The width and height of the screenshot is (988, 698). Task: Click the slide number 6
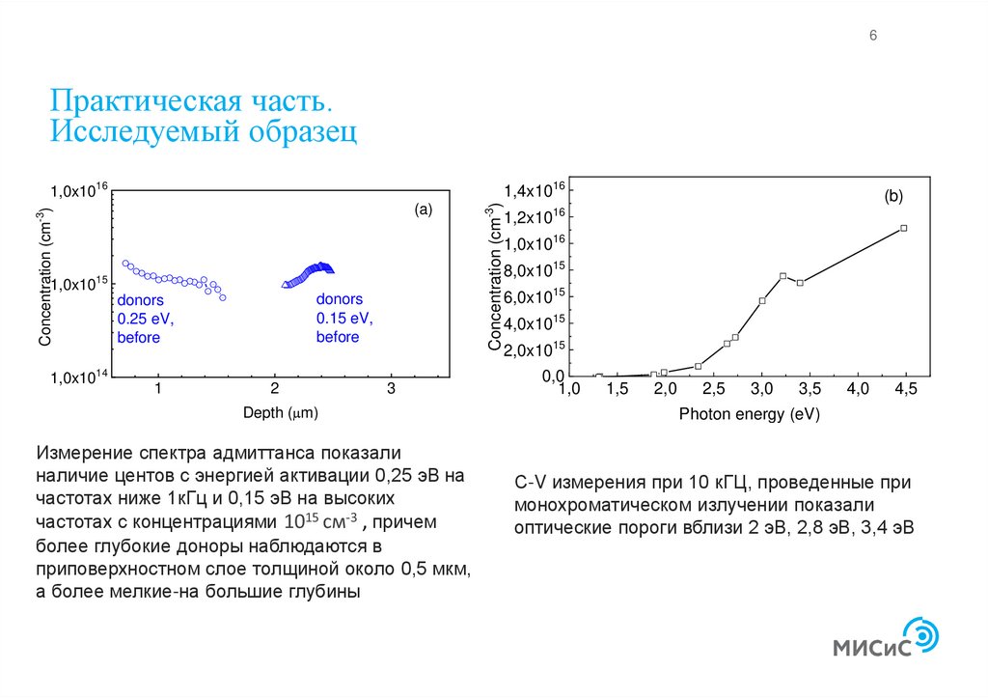pyautogui.click(x=873, y=36)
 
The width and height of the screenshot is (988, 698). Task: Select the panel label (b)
pyautogui.click(x=893, y=196)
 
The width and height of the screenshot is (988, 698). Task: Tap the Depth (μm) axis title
pyautogui.click(x=280, y=412)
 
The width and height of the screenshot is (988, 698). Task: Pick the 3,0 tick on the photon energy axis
pyautogui.click(x=761, y=389)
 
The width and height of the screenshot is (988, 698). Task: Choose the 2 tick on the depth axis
pyautogui.click(x=275, y=389)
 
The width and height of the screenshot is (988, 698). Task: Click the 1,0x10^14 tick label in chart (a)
pyautogui.click(x=78, y=377)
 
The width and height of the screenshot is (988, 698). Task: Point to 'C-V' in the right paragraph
pyautogui.click(x=530, y=482)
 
